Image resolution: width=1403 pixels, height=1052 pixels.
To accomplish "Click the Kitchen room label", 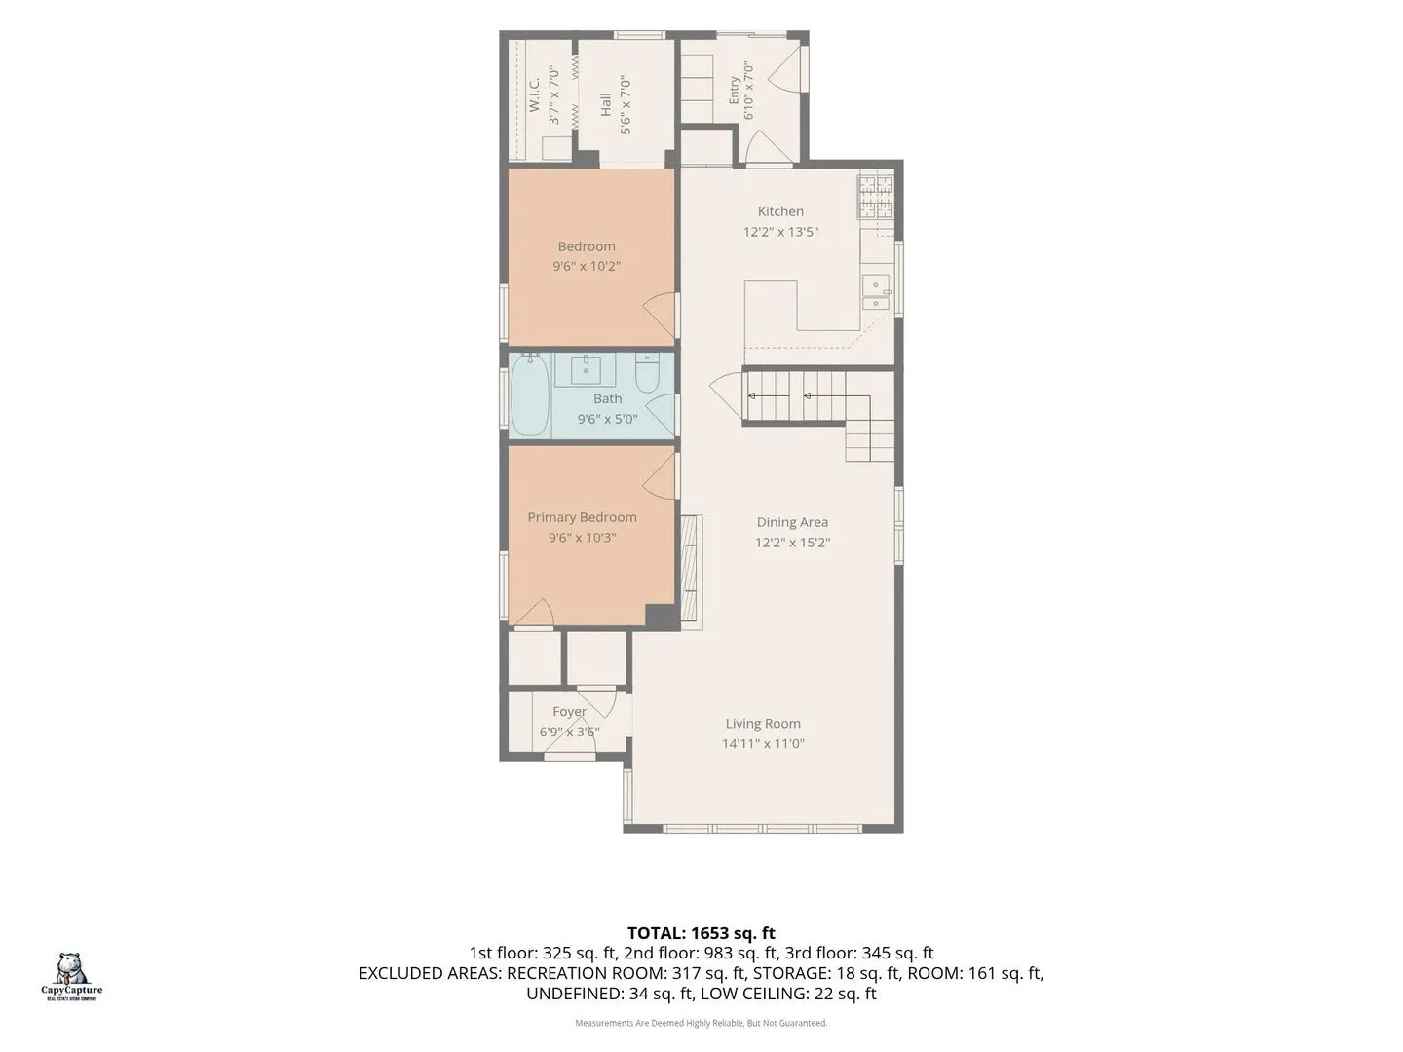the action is pyautogui.click(x=780, y=211).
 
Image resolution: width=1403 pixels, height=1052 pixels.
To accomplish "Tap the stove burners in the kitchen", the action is pyautogui.click(x=875, y=196).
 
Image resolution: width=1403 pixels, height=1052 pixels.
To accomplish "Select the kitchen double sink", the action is pyautogui.click(x=876, y=292).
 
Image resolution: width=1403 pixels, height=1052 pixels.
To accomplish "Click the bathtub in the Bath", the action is pyautogui.click(x=530, y=395).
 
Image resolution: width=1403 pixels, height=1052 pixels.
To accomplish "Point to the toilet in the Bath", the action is pyautogui.click(x=647, y=373).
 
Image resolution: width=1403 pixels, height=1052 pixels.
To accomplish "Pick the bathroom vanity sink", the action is pyautogui.click(x=585, y=370).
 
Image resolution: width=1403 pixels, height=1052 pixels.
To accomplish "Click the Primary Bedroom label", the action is pyautogui.click(x=582, y=517).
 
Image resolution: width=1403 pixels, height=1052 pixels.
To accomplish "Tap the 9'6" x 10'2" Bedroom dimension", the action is pyautogui.click(x=587, y=266).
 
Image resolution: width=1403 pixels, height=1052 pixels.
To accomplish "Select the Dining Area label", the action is pyautogui.click(x=792, y=522).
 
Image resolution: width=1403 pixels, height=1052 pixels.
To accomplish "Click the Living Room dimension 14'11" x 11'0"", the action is pyautogui.click(x=763, y=743).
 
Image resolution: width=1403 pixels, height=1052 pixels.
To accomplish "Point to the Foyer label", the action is pyautogui.click(x=569, y=711).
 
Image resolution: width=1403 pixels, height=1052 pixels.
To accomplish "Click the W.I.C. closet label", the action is pyautogui.click(x=534, y=94).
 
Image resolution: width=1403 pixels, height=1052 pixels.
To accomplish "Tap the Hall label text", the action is pyautogui.click(x=605, y=105).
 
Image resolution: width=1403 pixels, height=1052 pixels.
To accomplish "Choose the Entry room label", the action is pyautogui.click(x=734, y=91).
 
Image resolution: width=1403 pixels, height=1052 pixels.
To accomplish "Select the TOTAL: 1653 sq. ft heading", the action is pyautogui.click(x=701, y=933).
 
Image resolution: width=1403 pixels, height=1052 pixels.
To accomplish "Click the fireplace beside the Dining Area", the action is pyautogui.click(x=691, y=573).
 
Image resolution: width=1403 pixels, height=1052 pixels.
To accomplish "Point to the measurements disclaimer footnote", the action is pyautogui.click(x=701, y=1023).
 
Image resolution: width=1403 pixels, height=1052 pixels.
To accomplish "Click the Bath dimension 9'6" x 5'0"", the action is pyautogui.click(x=607, y=419).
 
